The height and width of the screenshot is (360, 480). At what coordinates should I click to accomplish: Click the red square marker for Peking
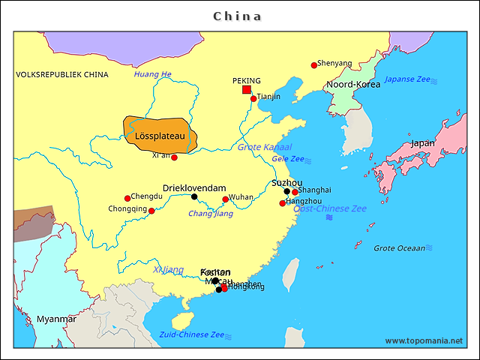coord(246,90)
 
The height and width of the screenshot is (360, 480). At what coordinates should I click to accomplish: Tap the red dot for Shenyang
coord(314,65)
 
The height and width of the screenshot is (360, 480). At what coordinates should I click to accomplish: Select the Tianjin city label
coord(268,97)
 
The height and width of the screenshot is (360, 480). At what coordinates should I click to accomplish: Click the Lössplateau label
coord(160,136)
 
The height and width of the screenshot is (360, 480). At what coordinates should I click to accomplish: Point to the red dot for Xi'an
coord(174,157)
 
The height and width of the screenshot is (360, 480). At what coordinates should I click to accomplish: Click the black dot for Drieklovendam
coord(194,197)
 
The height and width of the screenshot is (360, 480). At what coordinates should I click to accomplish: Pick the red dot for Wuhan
coord(225,199)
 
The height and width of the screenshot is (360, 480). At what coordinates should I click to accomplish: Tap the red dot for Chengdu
coord(127,199)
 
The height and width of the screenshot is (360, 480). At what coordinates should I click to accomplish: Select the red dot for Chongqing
coord(151,211)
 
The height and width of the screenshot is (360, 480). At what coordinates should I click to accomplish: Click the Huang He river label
coord(152,74)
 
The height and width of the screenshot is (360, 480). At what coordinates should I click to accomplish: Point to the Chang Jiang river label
coord(210,214)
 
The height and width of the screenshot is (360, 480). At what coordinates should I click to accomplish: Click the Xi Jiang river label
coord(168,269)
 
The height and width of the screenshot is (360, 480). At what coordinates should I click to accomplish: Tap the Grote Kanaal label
coord(265,147)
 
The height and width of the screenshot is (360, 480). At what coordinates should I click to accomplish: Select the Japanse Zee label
coord(407,79)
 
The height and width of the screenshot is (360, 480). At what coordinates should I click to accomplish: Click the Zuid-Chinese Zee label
coord(191,334)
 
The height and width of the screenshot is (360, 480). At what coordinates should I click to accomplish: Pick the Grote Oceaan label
coord(399,247)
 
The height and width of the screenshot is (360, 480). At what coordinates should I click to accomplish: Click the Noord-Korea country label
coord(352,85)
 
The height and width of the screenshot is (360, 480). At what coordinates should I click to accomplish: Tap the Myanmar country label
coord(56,319)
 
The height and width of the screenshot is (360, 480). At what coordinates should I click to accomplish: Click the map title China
coord(238,16)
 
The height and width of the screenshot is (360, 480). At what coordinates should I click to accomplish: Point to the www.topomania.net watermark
coord(424,341)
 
